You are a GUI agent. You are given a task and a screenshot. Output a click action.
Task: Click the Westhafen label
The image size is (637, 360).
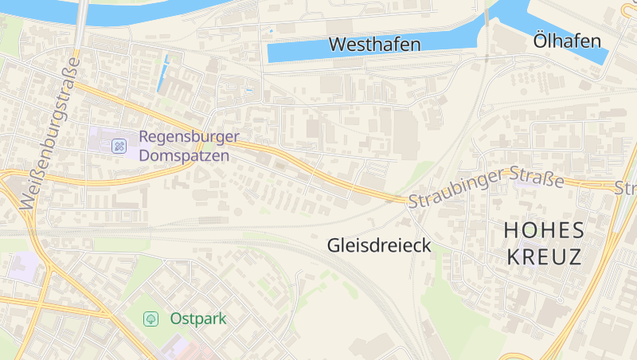point(374,45)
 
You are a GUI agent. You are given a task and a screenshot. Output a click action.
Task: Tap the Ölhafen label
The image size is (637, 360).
point(568,41)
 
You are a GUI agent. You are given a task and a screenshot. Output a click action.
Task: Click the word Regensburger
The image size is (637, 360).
point(190,137)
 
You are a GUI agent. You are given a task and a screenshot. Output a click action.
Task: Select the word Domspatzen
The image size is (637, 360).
point(184,155)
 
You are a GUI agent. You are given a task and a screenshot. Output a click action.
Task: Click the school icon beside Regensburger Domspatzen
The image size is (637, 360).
point(119,146)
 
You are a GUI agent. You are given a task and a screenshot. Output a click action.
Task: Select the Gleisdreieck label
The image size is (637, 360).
point(379,245)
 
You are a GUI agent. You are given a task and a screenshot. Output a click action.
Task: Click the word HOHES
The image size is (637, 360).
point(545,231)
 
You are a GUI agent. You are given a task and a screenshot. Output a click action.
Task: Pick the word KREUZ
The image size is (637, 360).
point(543,257)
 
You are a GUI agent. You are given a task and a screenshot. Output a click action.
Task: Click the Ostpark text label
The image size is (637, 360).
point(198,319)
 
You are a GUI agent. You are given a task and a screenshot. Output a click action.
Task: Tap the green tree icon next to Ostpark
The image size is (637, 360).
point(150,319)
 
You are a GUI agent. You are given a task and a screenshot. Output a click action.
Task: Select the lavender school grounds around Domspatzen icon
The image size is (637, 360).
point(100,139)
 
